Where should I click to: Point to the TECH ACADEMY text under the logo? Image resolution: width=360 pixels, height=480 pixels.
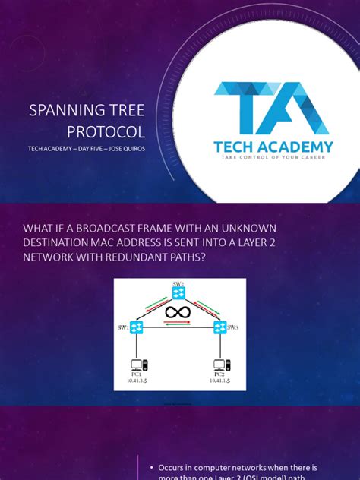tap(273, 147)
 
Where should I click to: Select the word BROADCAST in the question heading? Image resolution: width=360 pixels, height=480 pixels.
tap(117, 229)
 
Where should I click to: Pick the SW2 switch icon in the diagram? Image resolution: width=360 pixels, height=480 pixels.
tap(179, 295)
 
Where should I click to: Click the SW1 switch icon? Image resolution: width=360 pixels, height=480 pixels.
tap(137, 328)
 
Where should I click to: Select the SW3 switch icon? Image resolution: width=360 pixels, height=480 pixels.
tap(220, 328)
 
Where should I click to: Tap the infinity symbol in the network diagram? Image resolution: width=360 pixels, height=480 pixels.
tap(179, 313)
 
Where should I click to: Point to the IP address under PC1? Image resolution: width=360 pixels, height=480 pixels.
tap(137, 381)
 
